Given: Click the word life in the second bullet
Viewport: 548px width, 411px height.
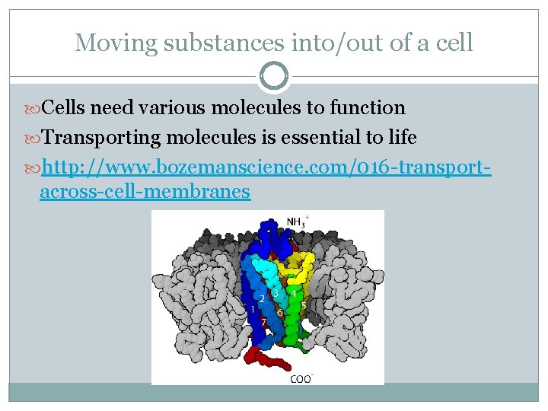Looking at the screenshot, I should tap(400, 137).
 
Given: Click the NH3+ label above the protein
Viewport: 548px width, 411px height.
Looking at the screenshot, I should tap(297, 221).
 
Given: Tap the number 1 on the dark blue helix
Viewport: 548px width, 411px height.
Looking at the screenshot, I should tap(252, 309).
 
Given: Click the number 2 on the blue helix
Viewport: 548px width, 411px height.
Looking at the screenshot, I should tap(263, 298).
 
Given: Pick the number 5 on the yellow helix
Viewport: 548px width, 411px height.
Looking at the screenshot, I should tap(304, 305).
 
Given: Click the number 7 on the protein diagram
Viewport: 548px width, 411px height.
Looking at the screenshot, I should tap(263, 322).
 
